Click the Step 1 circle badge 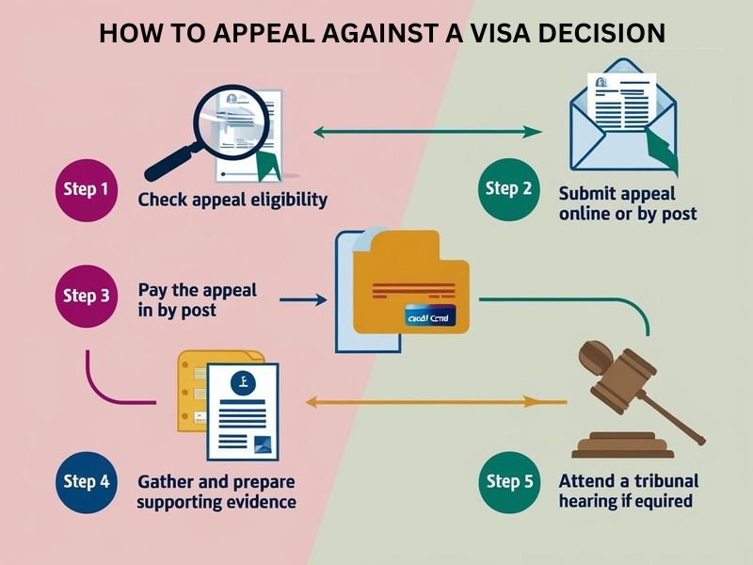pyautogui.click(x=86, y=188)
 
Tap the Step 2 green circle pyautogui.click(x=508, y=188)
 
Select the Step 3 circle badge pyautogui.click(x=86, y=296)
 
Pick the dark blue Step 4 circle pyautogui.click(x=86, y=481)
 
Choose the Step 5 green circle pyautogui.click(x=509, y=481)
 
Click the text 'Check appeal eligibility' pyautogui.click(x=232, y=200)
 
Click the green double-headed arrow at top pyautogui.click(x=427, y=133)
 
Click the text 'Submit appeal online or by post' pyautogui.click(x=627, y=203)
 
